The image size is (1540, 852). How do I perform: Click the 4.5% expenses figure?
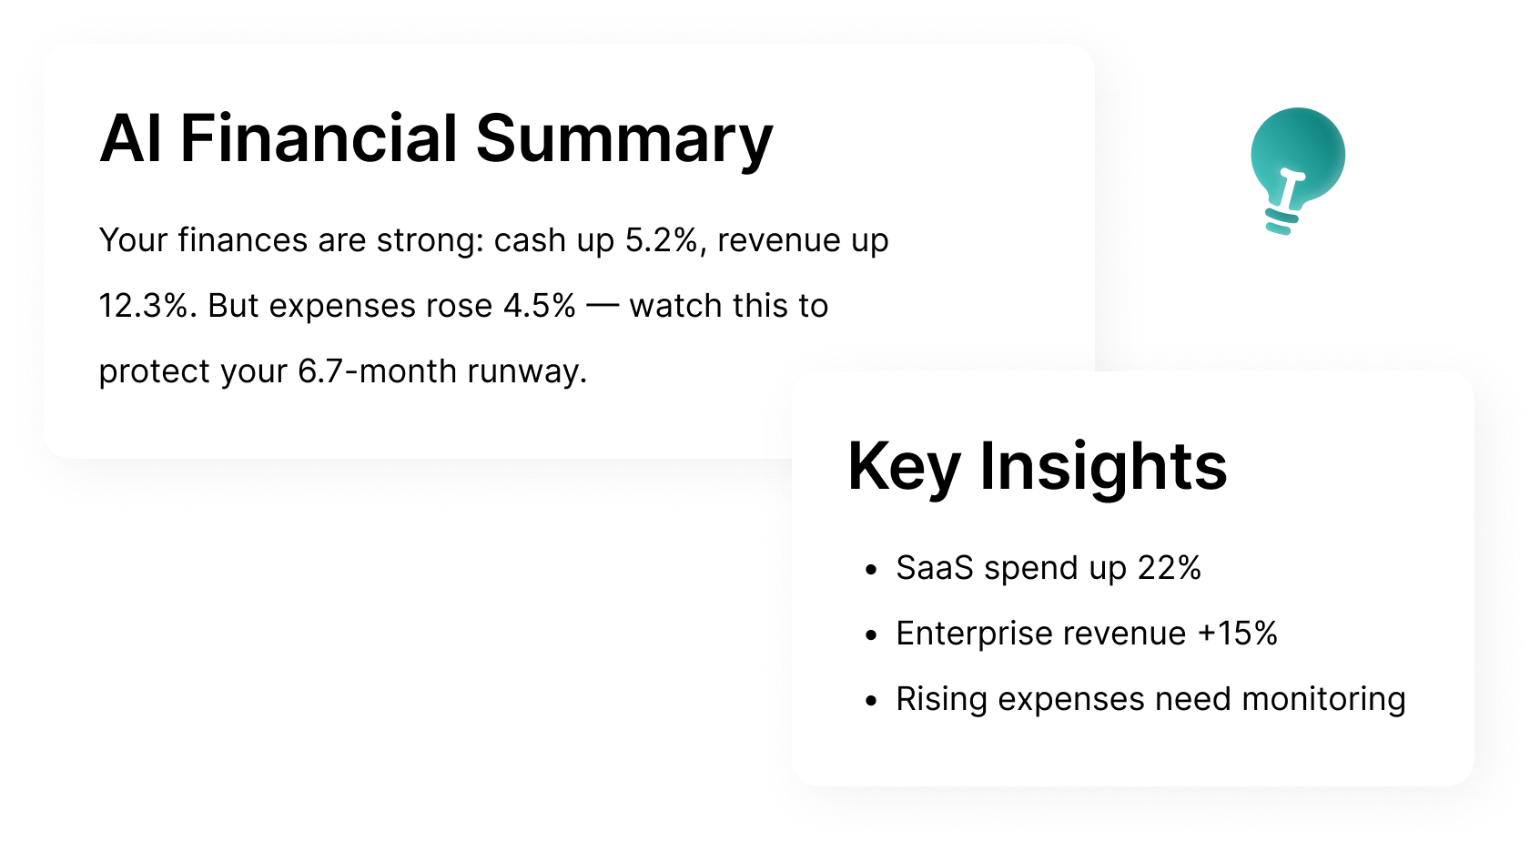[539, 306]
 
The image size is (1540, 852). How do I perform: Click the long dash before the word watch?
[602, 306]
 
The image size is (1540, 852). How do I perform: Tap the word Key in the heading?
[904, 467]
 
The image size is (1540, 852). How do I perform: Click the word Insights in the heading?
[1103, 467]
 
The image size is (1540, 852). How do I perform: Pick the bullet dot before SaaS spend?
[871, 570]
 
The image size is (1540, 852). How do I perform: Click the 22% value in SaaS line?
[1169, 568]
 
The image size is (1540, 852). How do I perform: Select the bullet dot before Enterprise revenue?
[871, 635]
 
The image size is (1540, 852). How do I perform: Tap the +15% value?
[1237, 634]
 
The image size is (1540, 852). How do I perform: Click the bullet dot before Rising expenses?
[871, 701]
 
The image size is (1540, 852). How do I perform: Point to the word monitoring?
[1323, 699]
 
